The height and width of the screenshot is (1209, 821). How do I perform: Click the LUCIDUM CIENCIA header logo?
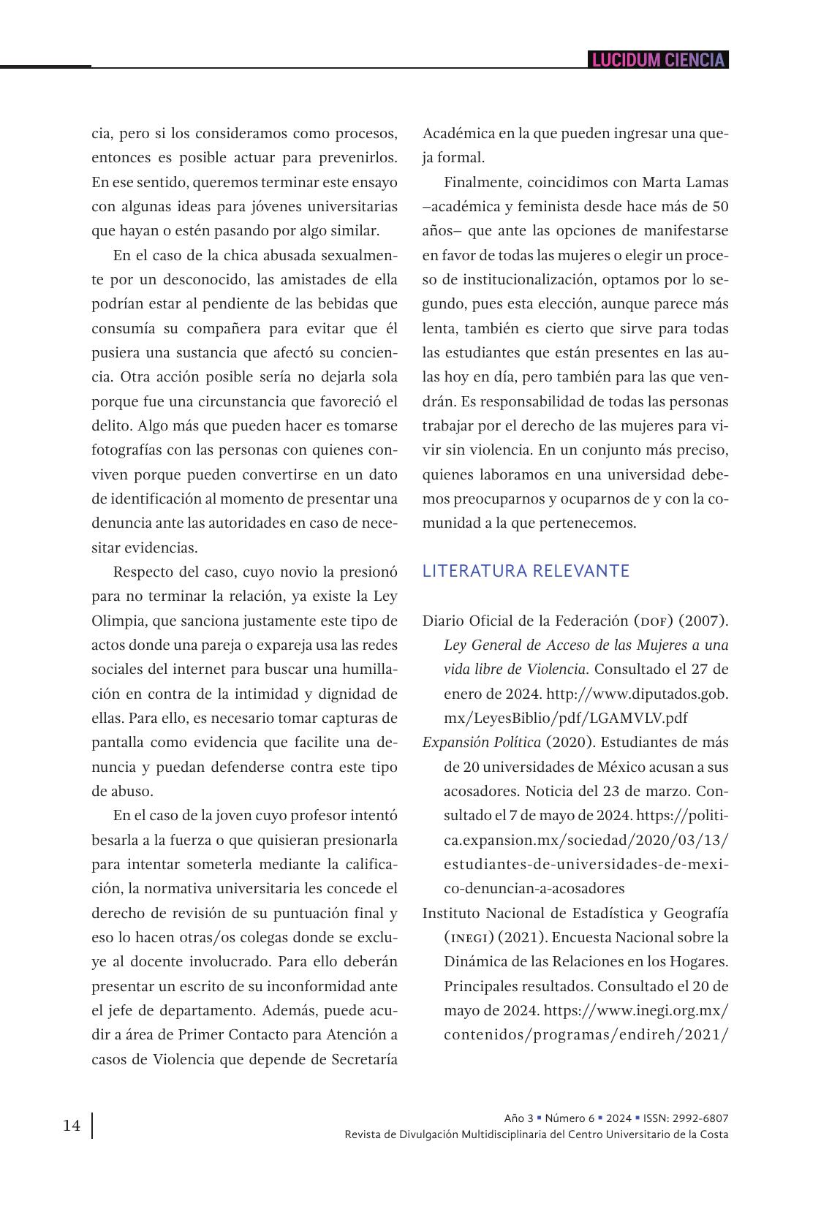(x=658, y=60)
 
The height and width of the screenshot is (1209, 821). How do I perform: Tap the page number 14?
(x=72, y=1125)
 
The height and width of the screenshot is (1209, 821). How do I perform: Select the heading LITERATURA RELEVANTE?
(x=526, y=571)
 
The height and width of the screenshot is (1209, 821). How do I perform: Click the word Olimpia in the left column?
(x=118, y=621)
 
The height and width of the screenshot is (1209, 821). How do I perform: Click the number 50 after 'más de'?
(x=720, y=207)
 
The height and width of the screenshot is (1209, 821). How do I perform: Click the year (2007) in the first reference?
(x=703, y=621)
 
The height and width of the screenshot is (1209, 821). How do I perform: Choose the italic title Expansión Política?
(x=481, y=743)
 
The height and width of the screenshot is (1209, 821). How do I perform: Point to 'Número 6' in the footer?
(x=570, y=1118)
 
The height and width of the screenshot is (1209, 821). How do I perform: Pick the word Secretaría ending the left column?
(x=364, y=1059)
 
